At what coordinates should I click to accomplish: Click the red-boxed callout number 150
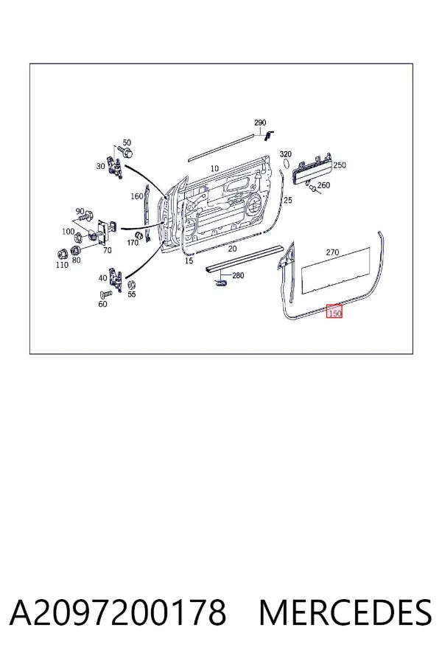click(x=335, y=314)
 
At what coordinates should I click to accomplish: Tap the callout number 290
click(x=260, y=122)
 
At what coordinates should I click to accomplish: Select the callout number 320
click(x=286, y=154)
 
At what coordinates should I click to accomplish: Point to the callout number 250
click(x=340, y=165)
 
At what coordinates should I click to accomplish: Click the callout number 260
click(x=323, y=185)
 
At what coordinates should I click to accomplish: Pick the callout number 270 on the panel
click(x=332, y=252)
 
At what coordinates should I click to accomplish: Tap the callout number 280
click(x=238, y=275)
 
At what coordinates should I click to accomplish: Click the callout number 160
click(x=137, y=196)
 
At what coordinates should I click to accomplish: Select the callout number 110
click(x=62, y=265)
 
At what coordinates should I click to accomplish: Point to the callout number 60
click(x=103, y=304)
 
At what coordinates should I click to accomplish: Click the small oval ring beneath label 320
click(x=286, y=164)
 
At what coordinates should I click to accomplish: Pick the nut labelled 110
click(x=63, y=254)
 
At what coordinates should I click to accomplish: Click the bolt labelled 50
click(x=126, y=152)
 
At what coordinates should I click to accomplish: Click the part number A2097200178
click(x=118, y=612)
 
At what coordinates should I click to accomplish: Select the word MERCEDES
click(x=345, y=612)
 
